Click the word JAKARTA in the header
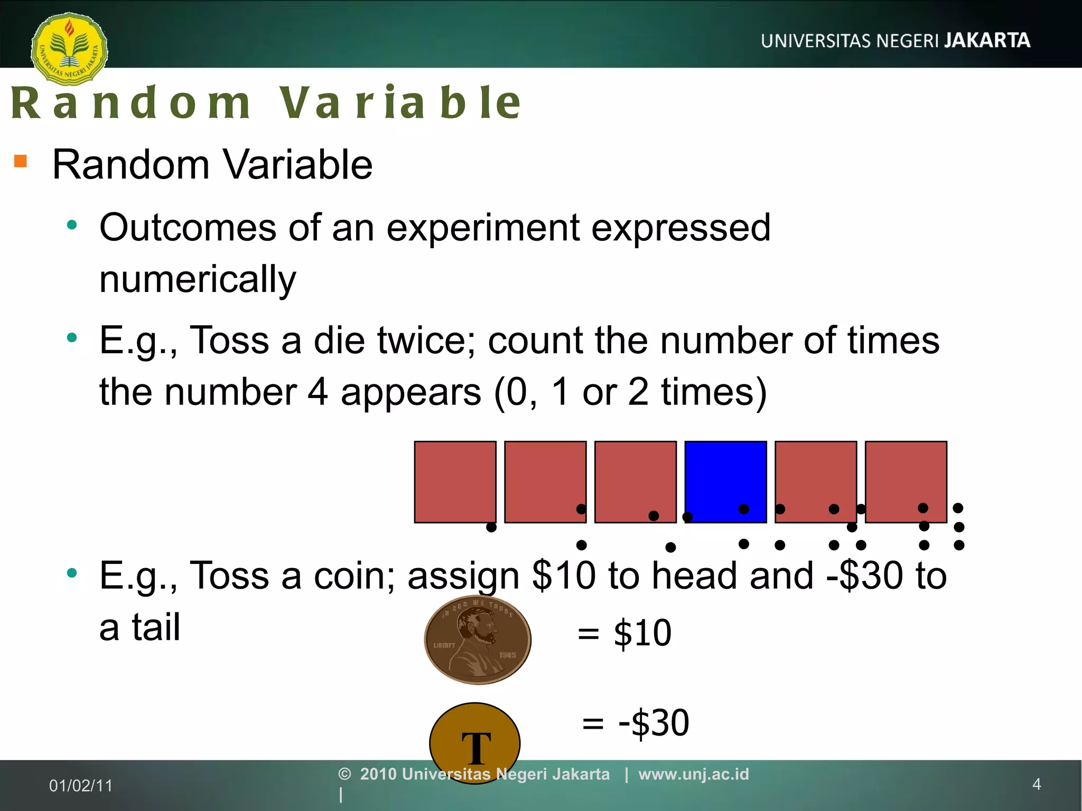[x=987, y=41]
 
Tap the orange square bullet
[x=21, y=161]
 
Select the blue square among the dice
[x=725, y=482]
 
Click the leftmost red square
[x=455, y=482]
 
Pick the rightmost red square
[x=906, y=482]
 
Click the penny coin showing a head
[x=478, y=640]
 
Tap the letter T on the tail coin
[x=476, y=748]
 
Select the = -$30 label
[x=636, y=723]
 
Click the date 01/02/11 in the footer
[x=81, y=786]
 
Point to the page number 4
[x=1037, y=784]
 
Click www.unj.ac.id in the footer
[x=694, y=774]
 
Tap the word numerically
[x=198, y=280]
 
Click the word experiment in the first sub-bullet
[x=483, y=228]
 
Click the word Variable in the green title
[x=400, y=102]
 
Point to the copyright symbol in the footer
[x=344, y=774]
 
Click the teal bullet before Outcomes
[x=72, y=225]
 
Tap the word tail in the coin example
[x=156, y=627]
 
